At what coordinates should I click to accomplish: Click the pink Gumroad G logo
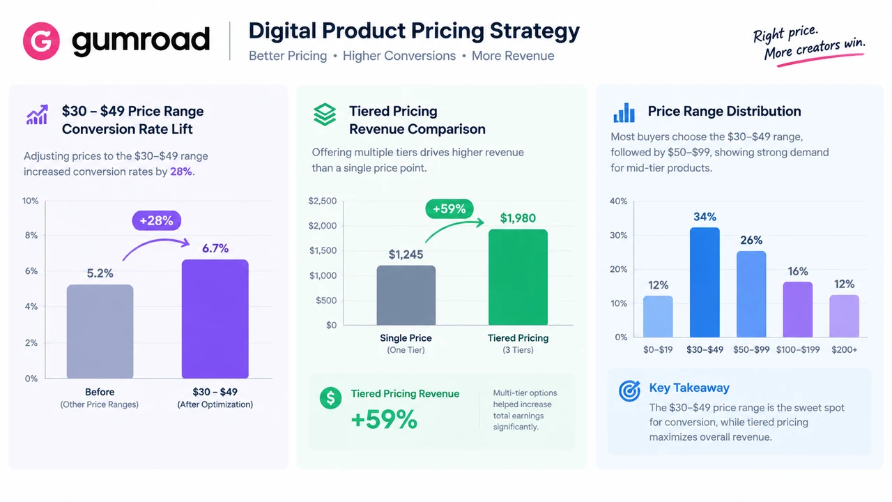coord(41,41)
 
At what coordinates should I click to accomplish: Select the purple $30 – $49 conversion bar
coord(215,319)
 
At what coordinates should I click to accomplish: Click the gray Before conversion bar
coord(100,331)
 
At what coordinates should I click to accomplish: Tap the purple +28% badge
coord(157,220)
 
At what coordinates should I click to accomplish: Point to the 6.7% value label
coord(215,248)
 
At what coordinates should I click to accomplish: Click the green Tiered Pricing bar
coord(518,277)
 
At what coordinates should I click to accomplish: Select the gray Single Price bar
coord(406,295)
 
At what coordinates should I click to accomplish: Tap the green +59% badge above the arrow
coord(449,208)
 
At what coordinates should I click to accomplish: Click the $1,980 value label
coord(518,218)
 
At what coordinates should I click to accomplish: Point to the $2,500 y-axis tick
coord(323,201)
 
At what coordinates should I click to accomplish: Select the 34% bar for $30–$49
coord(705,282)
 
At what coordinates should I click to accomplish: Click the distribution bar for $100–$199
coord(798,310)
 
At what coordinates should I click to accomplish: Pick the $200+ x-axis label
coord(844,349)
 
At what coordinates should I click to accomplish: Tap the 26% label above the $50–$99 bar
coord(751,241)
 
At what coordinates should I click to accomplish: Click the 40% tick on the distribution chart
coord(618,201)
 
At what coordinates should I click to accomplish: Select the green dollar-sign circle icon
coord(330,397)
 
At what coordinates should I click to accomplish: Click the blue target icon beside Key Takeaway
coord(629,390)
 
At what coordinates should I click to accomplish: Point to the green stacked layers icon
coord(325,115)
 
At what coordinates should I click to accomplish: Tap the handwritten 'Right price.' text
coord(785,34)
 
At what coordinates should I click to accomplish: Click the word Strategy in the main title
coord(535,31)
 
